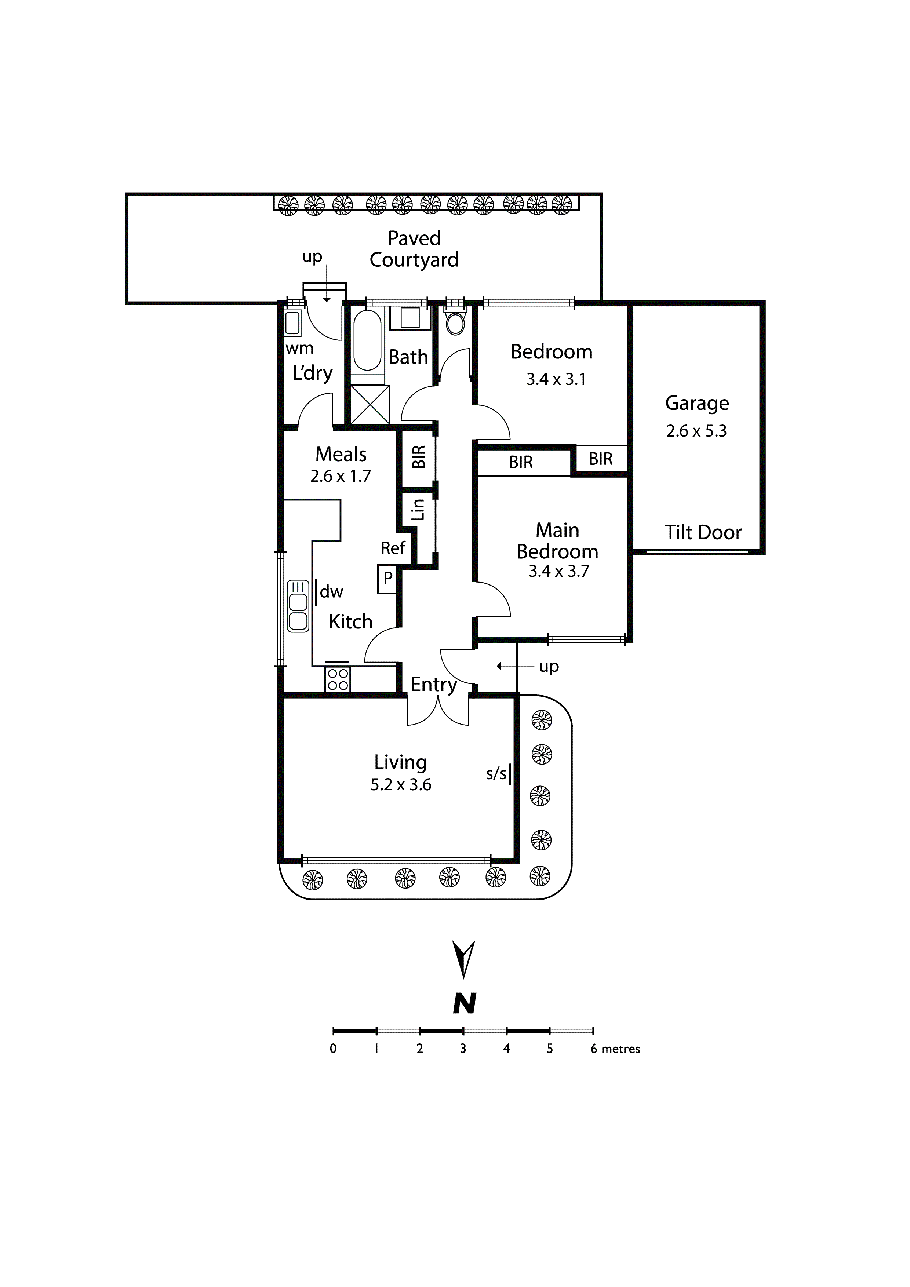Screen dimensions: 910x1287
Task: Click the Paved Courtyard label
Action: coord(414,249)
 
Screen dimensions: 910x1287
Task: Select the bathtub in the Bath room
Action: coord(367,340)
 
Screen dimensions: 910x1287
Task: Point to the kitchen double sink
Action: coord(298,606)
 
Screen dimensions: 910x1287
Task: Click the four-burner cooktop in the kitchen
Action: coord(338,678)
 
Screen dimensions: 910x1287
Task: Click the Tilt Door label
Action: coord(703,532)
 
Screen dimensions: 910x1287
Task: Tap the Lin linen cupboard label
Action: coord(418,510)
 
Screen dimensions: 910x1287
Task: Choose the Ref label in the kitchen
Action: coord(393,548)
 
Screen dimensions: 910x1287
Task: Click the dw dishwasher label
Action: coord(331,591)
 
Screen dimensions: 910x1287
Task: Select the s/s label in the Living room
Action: coord(496,774)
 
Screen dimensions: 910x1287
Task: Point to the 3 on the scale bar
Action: coord(463,1049)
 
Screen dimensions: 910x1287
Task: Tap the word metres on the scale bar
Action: coord(621,1049)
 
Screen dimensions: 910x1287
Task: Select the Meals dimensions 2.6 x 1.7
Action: coord(341,476)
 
